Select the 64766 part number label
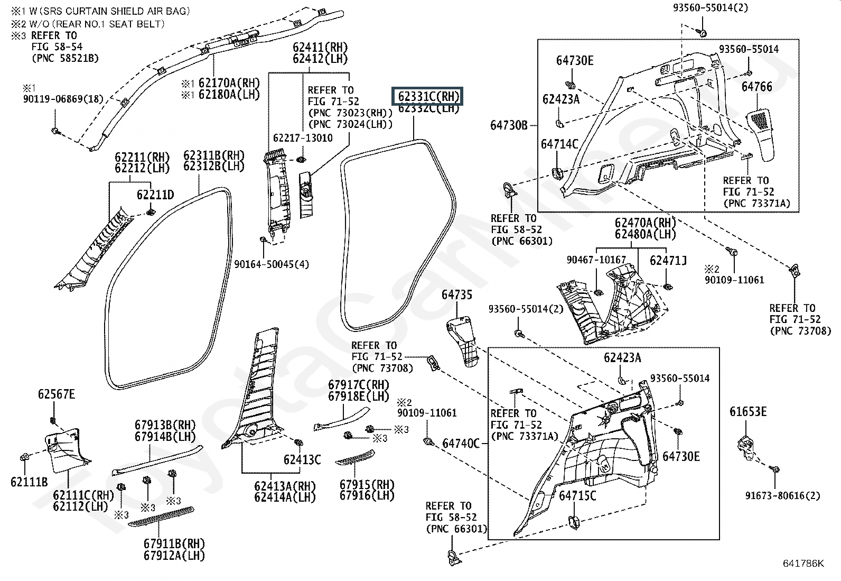756,87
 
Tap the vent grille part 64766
761,132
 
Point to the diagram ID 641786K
803,564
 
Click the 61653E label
748,412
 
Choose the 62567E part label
57,394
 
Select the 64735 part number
457,295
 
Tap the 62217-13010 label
303,138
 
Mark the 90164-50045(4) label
272,264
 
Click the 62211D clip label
155,195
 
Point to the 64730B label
509,125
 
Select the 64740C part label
461,444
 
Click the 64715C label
577,496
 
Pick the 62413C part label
302,459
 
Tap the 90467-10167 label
596,260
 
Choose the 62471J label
668,260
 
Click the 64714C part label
559,144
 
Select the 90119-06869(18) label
63,99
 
